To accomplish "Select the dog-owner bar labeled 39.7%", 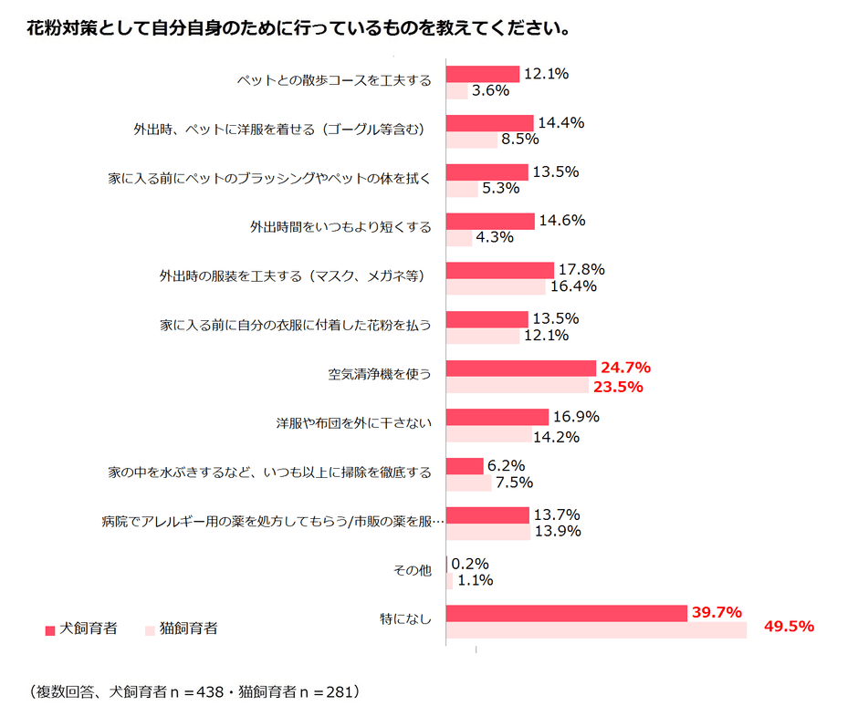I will (x=566, y=613).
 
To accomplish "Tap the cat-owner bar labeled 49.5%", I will (x=596, y=629).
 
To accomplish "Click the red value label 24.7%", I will (x=625, y=368).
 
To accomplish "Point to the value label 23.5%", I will (x=618, y=386).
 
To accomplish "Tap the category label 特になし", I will (x=405, y=618).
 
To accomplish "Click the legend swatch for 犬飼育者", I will (x=50, y=629).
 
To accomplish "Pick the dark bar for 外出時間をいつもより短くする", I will (x=490, y=221).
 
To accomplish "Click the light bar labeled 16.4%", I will (x=496, y=286).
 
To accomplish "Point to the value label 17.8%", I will (x=581, y=269).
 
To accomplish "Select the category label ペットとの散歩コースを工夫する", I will (x=333, y=80).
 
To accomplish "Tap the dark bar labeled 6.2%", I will (x=465, y=466).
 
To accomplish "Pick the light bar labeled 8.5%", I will (x=472, y=140).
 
